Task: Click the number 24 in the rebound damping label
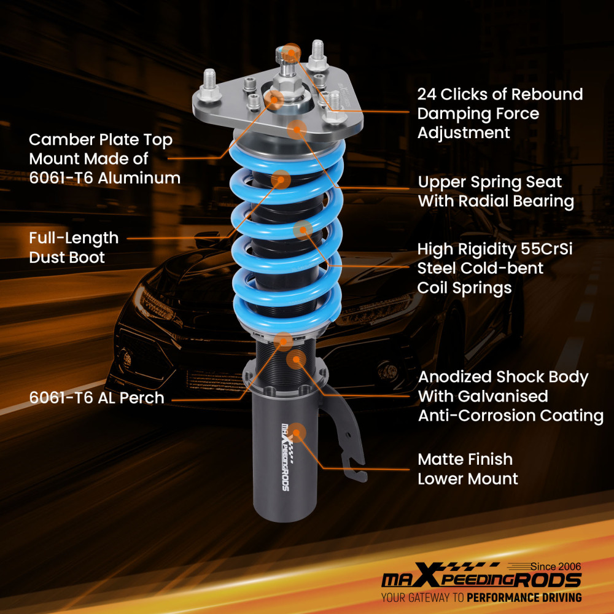pyautogui.click(x=428, y=95)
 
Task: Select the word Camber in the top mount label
pyautogui.click(x=60, y=140)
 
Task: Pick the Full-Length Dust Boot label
pyautogui.click(x=74, y=247)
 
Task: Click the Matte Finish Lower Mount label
pyautogui.click(x=468, y=468)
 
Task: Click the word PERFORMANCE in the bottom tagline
pyautogui.click(x=505, y=597)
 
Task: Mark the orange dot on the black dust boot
pyautogui.click(x=281, y=179)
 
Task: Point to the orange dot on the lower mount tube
pyautogui.click(x=297, y=433)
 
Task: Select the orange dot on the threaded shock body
pyautogui.click(x=296, y=359)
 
